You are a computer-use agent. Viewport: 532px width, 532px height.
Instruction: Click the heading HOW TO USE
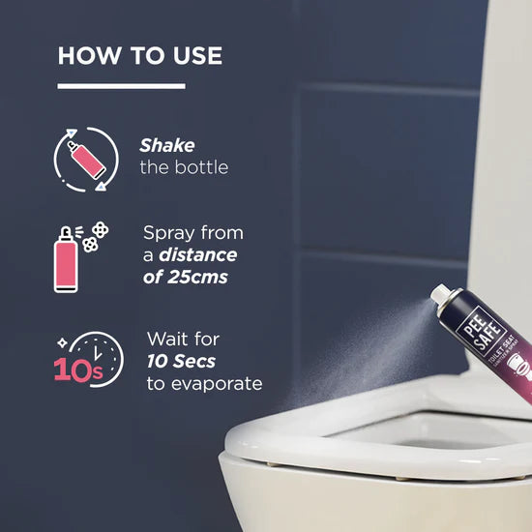[139, 55]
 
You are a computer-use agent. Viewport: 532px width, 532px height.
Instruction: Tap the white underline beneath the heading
[121, 86]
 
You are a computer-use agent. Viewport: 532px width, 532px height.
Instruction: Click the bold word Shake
[166, 145]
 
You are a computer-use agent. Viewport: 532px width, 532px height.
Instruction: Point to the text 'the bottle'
[184, 167]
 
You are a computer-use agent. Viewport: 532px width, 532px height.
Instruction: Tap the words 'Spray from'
[192, 233]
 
